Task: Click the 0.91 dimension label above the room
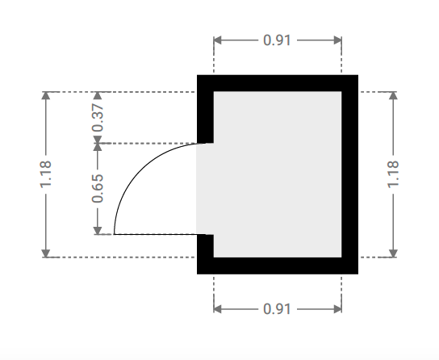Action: point(277,40)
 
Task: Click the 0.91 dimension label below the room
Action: point(277,309)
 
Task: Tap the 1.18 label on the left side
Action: point(46,174)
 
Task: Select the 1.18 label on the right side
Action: point(393,174)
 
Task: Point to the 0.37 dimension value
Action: point(98,118)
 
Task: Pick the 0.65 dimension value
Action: point(98,188)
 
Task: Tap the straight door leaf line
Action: point(160,234)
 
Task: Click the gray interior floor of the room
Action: point(277,174)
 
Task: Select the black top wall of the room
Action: point(278,83)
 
